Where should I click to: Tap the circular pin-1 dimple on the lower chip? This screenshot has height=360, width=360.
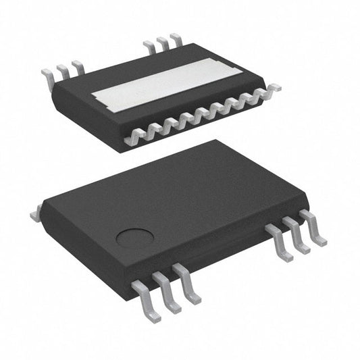[x=134, y=238]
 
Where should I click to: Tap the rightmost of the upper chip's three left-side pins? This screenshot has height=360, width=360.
[x=78, y=66]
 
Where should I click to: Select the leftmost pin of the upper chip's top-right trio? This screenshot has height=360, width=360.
[x=149, y=46]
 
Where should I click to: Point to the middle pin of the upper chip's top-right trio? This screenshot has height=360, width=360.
[x=162, y=42]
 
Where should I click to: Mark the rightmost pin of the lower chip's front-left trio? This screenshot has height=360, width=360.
[x=188, y=282]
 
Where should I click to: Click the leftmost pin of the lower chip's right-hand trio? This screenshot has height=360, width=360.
[x=280, y=243]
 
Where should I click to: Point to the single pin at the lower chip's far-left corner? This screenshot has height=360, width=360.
[x=35, y=215]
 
